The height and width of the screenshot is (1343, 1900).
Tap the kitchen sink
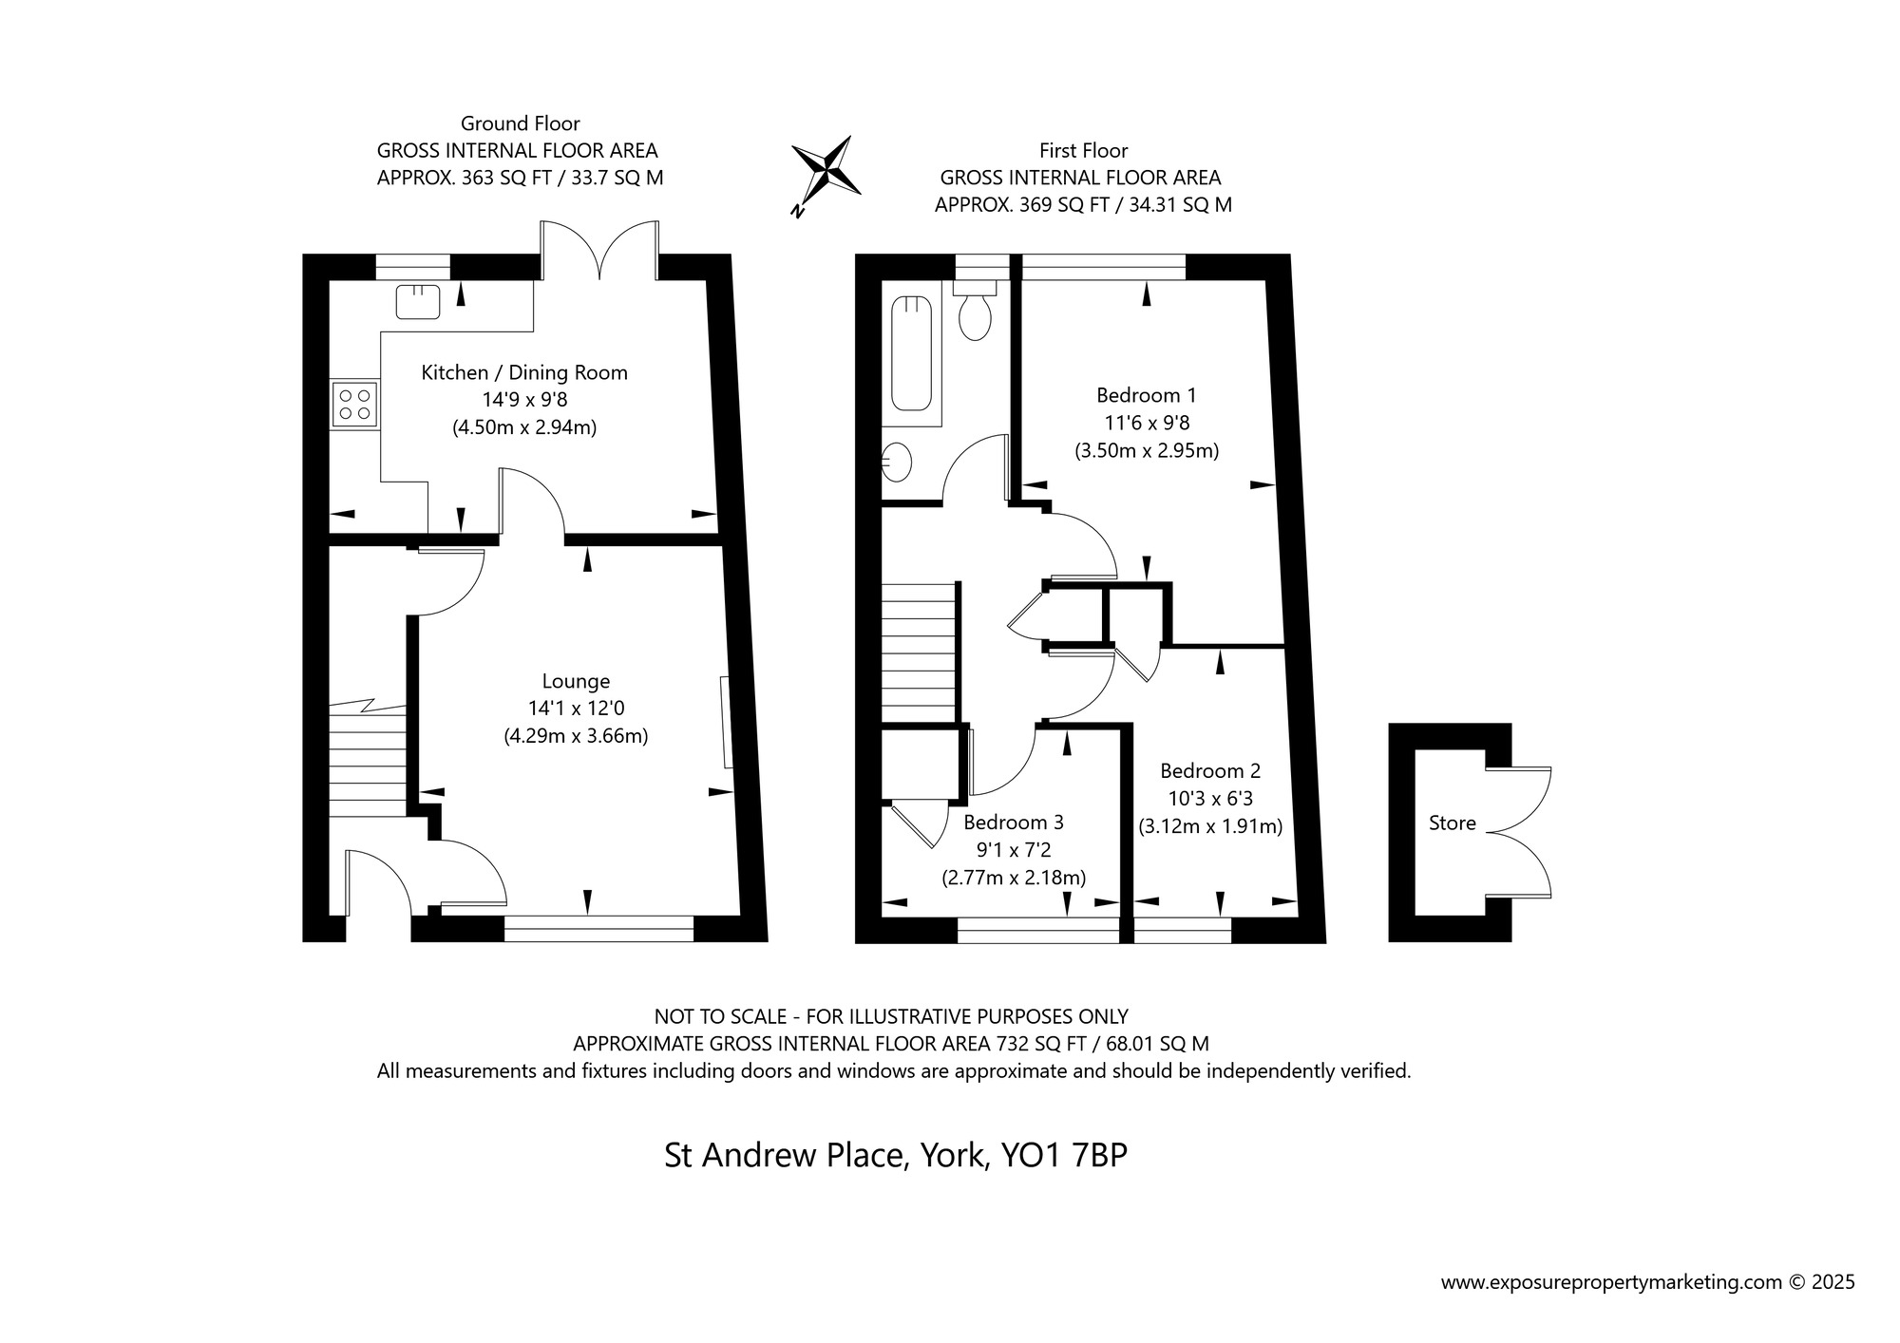pyautogui.click(x=418, y=302)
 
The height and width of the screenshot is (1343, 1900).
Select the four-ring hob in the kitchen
pyautogui.click(x=354, y=405)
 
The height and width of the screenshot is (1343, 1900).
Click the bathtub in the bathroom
pyautogui.click(x=912, y=353)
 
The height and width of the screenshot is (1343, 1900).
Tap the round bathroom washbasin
pyautogui.click(x=896, y=463)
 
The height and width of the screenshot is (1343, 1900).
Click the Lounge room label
pyautogui.click(x=576, y=681)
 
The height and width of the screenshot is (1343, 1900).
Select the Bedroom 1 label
pyautogui.click(x=1147, y=395)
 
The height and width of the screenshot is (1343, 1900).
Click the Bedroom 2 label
pyautogui.click(x=1210, y=771)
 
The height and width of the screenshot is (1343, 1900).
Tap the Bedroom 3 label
pyautogui.click(x=1014, y=823)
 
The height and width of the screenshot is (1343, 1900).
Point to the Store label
pyautogui.click(x=1453, y=823)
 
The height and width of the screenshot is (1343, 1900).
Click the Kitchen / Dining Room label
pyautogui.click(x=524, y=373)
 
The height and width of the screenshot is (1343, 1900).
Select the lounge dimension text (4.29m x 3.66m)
pyautogui.click(x=576, y=736)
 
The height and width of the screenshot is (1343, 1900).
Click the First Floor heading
pyautogui.click(x=1084, y=150)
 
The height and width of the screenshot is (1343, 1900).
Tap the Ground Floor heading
pyautogui.click(x=521, y=123)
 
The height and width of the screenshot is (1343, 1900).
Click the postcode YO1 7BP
pyautogui.click(x=1064, y=1156)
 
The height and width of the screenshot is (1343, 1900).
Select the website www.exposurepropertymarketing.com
pyautogui.click(x=1611, y=1283)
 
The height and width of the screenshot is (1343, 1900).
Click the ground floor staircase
pyautogui.click(x=369, y=759)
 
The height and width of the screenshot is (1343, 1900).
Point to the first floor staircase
pyautogui.click(x=918, y=654)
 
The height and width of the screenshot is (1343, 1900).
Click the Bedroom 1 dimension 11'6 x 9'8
pyautogui.click(x=1147, y=423)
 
